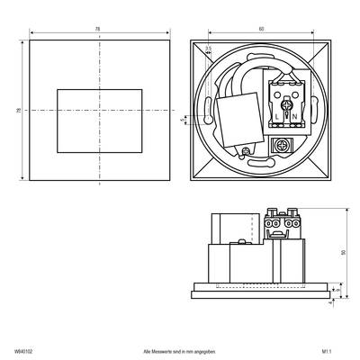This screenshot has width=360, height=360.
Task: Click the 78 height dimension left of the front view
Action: [x=19, y=110]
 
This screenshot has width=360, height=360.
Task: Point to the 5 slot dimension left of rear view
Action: [x=183, y=117]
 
